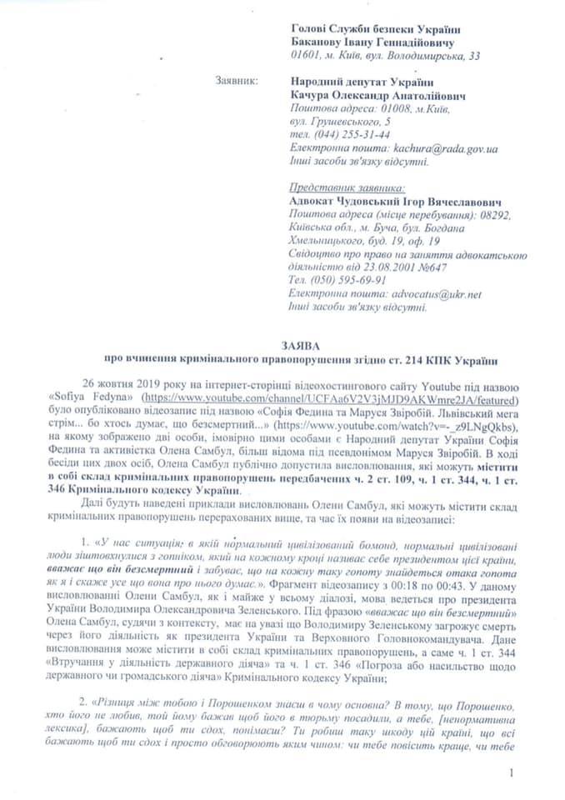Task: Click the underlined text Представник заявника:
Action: click(346, 187)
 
